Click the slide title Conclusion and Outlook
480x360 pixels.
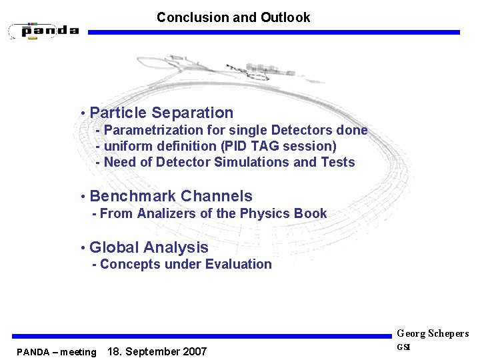233,17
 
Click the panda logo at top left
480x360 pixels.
44,31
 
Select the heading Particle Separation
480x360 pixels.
161,113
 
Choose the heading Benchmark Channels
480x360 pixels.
171,196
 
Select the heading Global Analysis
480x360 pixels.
149,247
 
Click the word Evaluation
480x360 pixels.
238,264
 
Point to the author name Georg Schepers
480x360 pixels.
433,333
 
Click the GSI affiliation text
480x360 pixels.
404,347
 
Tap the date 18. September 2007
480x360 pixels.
157,351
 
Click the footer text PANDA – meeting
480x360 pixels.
57,352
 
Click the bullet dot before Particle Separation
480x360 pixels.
81,114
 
